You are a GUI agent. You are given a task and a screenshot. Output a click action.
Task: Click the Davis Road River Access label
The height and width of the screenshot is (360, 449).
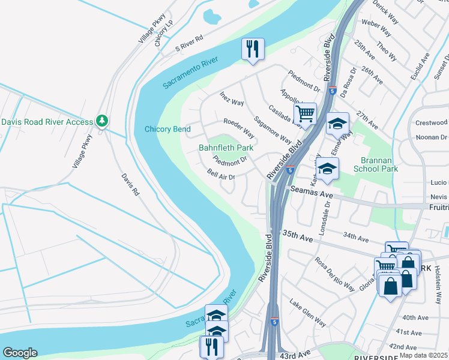point(47,122)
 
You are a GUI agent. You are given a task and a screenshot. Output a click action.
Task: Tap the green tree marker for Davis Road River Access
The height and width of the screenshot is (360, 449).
point(103,122)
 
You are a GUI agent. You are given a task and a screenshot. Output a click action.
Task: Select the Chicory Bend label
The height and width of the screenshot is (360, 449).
point(167,129)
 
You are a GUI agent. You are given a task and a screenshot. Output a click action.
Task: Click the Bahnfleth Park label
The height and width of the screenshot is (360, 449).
point(226,148)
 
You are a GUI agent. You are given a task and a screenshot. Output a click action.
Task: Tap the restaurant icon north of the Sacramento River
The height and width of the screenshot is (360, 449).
point(253,49)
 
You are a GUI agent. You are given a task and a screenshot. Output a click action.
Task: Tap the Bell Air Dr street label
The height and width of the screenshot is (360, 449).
point(220,174)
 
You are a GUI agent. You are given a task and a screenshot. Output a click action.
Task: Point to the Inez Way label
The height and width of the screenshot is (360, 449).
point(232,98)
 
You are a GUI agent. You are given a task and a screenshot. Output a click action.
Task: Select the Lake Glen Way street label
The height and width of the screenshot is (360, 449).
point(307,313)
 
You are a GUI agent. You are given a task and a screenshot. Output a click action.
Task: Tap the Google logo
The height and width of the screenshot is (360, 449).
point(19,353)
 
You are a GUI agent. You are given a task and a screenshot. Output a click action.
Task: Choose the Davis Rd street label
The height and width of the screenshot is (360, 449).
point(130,185)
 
